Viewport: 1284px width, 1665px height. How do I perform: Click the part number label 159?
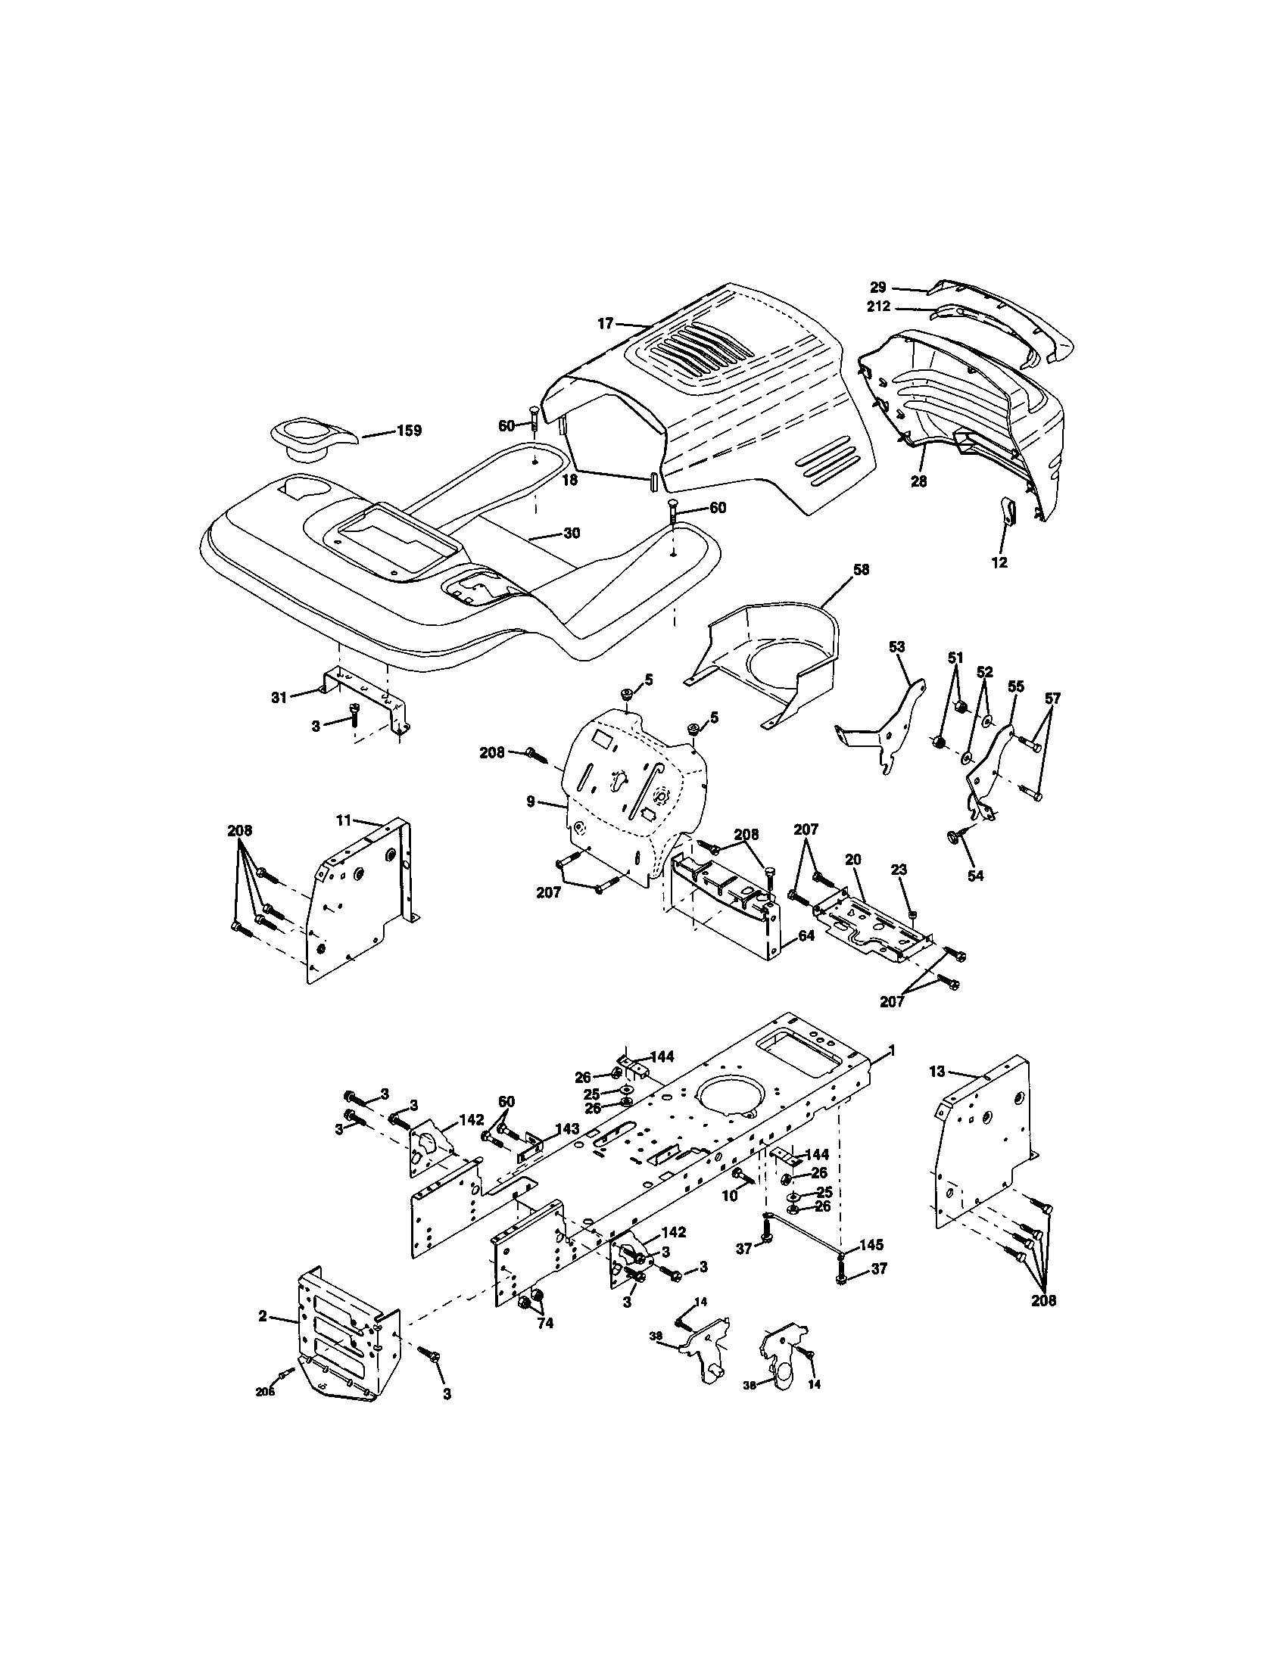tap(409, 431)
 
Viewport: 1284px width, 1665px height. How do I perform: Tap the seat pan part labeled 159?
tap(311, 437)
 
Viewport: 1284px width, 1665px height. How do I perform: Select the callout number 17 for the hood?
tap(605, 324)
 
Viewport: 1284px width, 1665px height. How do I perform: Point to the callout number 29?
tap(878, 288)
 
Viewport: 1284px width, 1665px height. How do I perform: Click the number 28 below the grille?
tap(919, 482)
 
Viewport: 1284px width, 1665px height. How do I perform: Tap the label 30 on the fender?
tap(572, 534)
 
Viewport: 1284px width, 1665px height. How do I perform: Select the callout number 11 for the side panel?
tap(344, 820)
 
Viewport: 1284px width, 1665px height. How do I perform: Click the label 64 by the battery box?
tap(806, 935)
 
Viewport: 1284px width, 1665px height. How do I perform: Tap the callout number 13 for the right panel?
tap(937, 1071)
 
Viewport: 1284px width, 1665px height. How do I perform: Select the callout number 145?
tap(871, 1245)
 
